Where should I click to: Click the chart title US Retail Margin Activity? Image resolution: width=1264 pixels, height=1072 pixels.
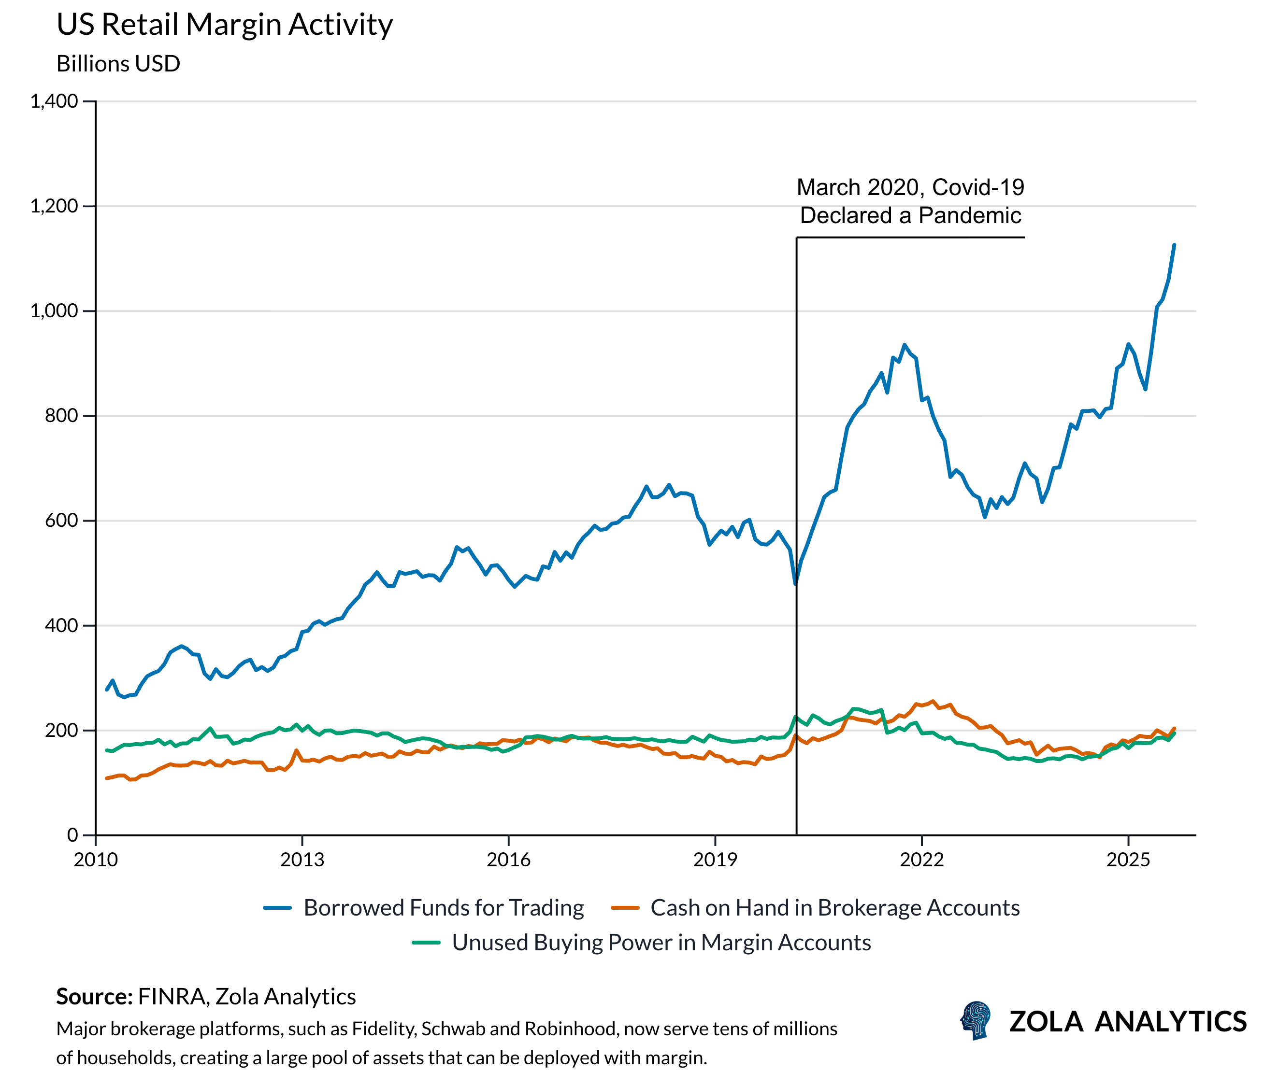tap(224, 26)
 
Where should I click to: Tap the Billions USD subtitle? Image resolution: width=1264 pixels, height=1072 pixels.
tap(118, 64)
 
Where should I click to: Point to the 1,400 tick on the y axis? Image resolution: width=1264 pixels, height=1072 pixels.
tap(54, 101)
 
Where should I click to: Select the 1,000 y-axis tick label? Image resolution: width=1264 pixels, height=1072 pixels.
tap(54, 310)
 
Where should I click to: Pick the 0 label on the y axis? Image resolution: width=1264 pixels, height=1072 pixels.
tap(72, 835)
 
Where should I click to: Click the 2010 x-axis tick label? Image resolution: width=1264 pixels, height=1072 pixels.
tap(96, 860)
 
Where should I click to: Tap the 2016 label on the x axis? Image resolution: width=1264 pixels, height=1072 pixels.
tap(508, 860)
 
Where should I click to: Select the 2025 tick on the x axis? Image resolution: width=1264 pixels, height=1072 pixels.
tap(1128, 860)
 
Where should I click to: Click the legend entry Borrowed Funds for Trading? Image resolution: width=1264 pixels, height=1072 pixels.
tap(443, 908)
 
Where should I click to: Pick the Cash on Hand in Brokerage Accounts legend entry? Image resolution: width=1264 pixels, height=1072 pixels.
tap(834, 908)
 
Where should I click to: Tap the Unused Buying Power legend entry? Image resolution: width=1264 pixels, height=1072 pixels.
tap(661, 943)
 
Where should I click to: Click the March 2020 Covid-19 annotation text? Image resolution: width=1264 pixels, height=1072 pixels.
tap(910, 201)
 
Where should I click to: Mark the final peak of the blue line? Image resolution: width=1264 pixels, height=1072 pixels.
tap(1174, 245)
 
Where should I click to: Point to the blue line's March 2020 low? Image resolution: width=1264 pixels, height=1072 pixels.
tap(795, 583)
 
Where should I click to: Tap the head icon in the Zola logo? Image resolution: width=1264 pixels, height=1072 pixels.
tap(975, 1021)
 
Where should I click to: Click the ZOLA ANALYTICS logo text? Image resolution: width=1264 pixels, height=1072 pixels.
tap(1128, 1022)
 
